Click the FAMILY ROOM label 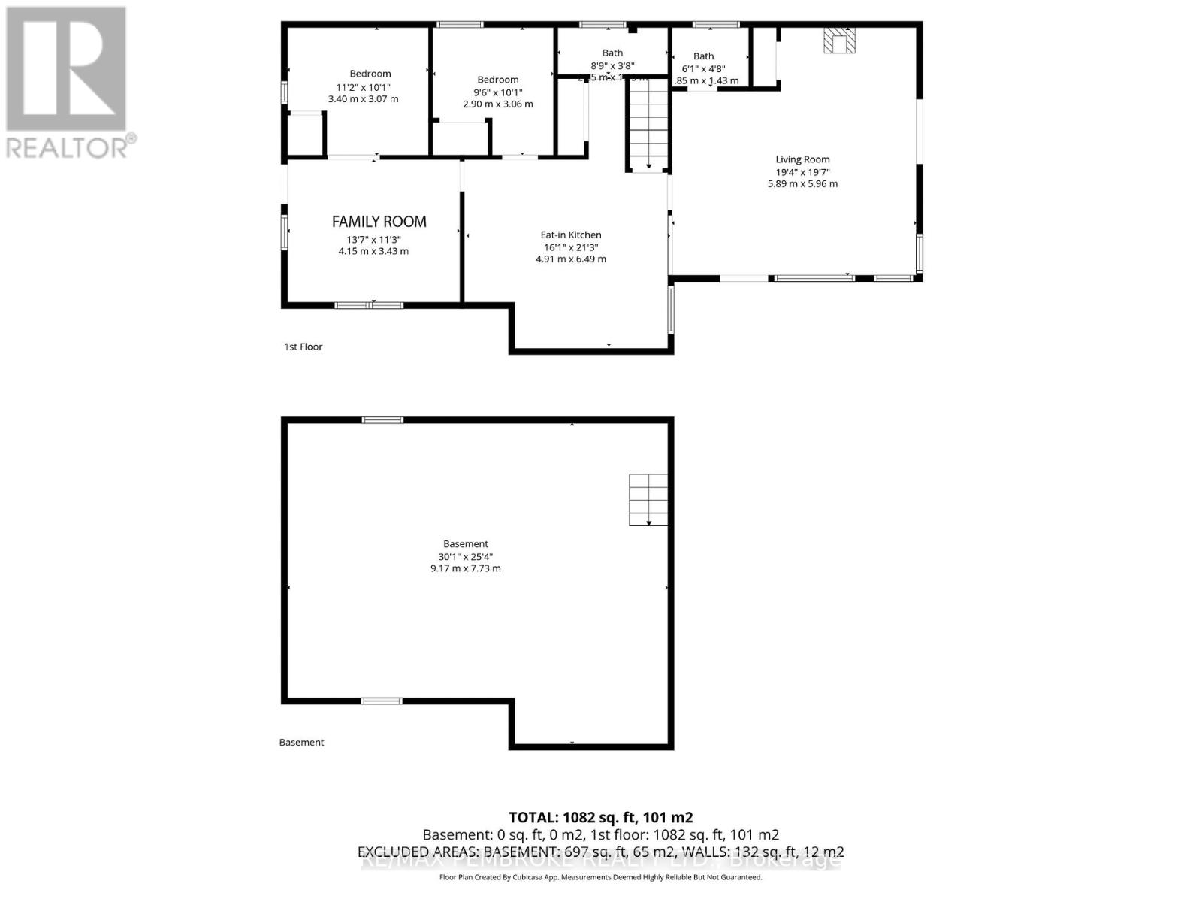[379, 222]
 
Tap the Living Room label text [802, 159]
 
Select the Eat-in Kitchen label [571, 235]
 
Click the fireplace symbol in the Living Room [839, 41]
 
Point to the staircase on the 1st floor [648, 124]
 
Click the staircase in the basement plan [648, 500]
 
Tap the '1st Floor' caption [304, 347]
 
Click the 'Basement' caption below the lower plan [301, 742]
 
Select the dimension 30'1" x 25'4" [466, 556]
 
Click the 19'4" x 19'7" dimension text [802, 171]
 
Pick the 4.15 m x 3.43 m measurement [373, 251]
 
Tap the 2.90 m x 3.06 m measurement [497, 104]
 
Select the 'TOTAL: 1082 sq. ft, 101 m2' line [600, 817]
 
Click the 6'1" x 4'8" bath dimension [703, 68]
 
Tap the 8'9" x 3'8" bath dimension [612, 65]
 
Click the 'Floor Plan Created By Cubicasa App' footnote [600, 877]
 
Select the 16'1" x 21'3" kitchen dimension [571, 247]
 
